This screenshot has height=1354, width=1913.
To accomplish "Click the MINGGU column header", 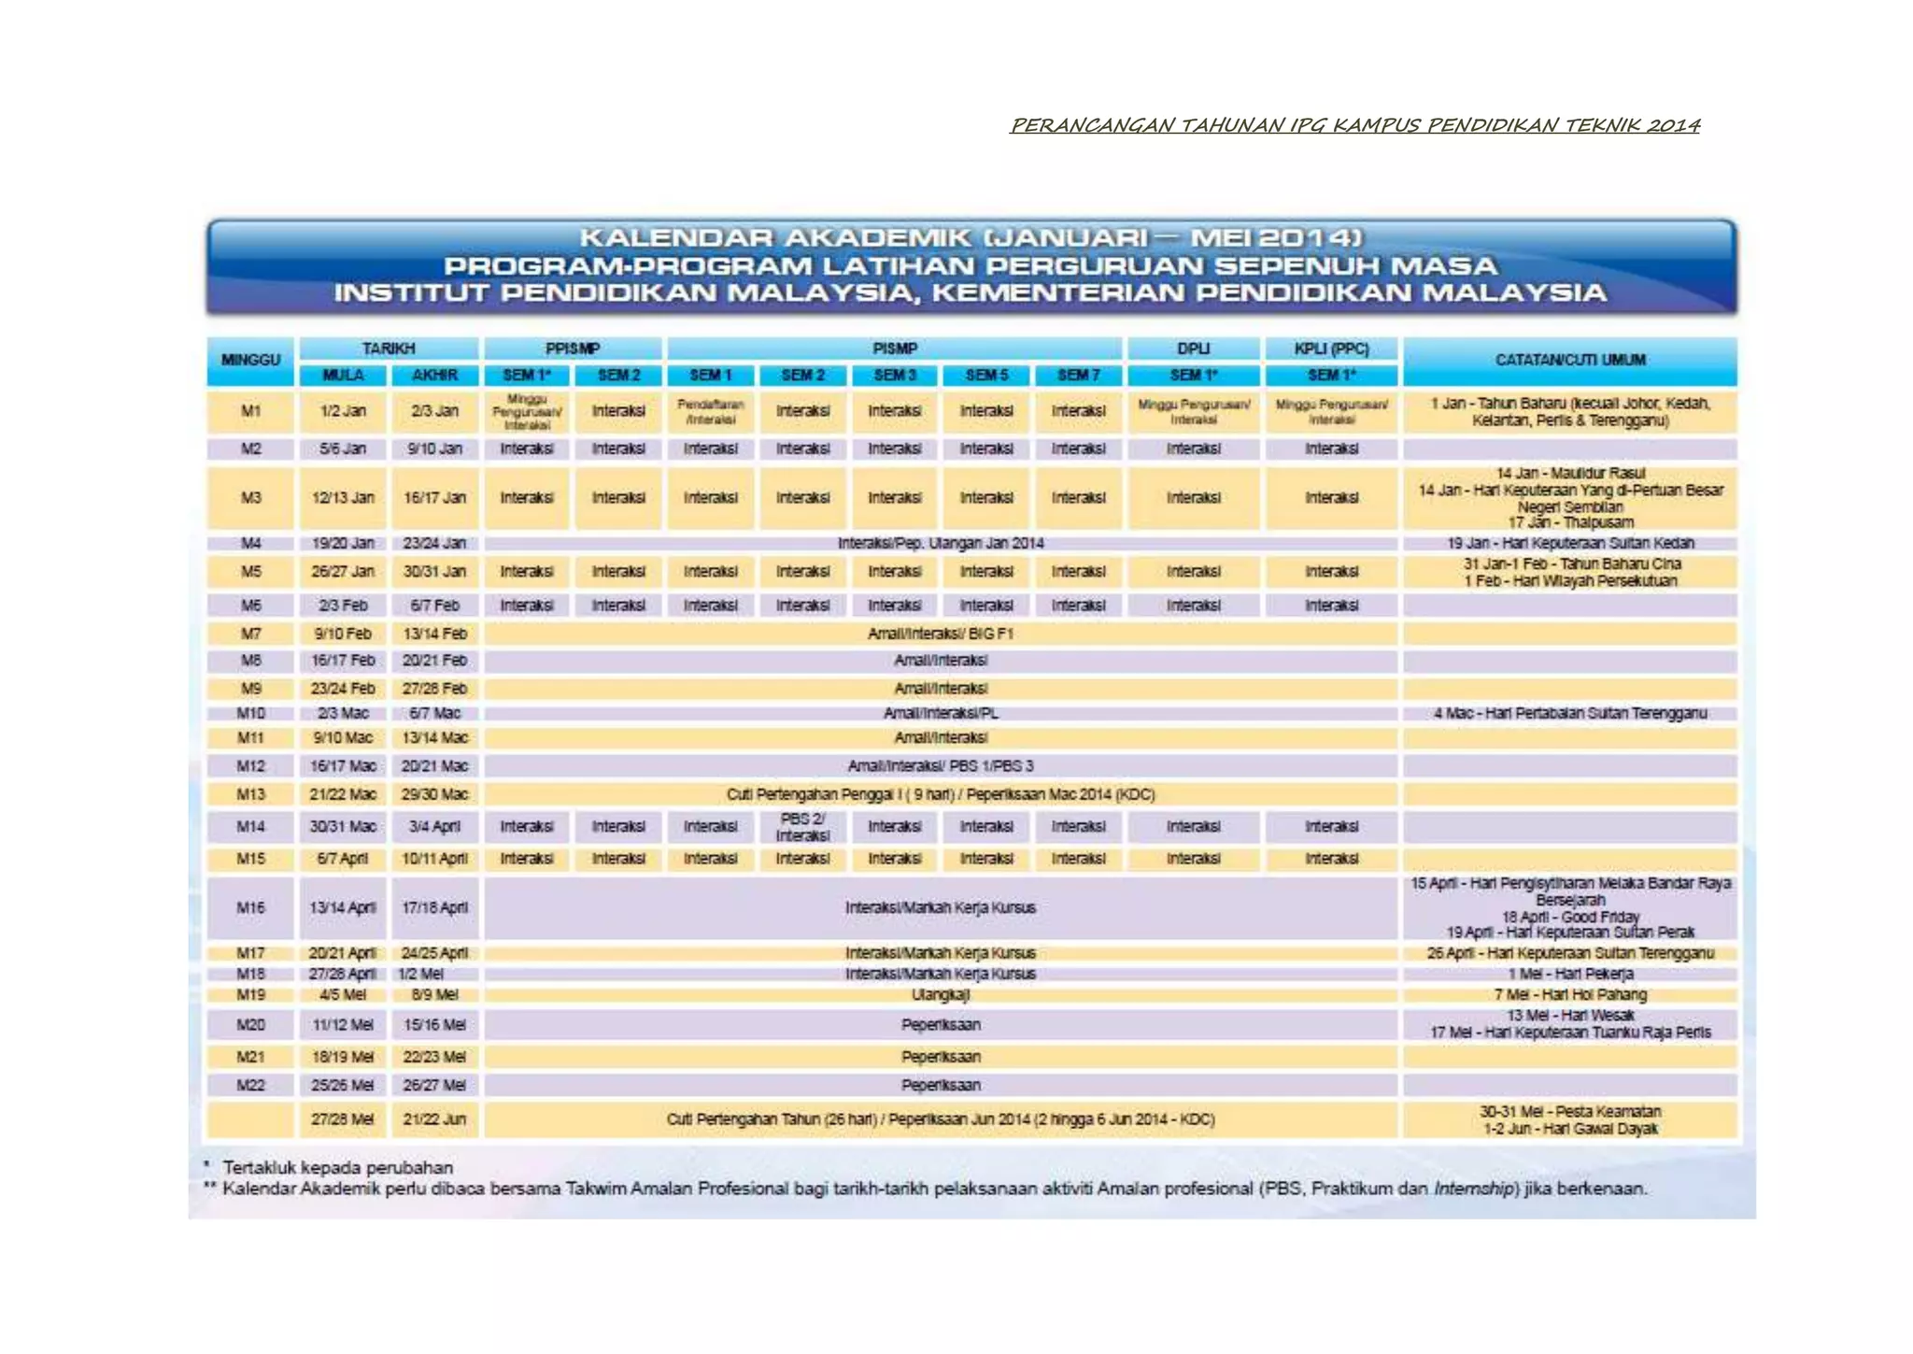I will pyautogui.click(x=250, y=360).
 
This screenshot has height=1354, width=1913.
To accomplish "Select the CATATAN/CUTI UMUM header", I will pyautogui.click(x=1569, y=360).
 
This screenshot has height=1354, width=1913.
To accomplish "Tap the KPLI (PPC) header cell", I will pyautogui.click(x=1331, y=349).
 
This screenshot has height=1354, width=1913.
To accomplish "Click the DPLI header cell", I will pyautogui.click(x=1193, y=349).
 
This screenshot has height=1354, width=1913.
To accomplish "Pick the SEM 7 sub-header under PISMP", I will pyautogui.click(x=1078, y=375).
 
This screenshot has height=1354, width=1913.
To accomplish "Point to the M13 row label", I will pyautogui.click(x=250, y=794).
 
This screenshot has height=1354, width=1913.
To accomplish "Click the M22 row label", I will pyautogui.click(x=250, y=1085).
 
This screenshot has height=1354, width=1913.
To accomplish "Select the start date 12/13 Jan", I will pyautogui.click(x=342, y=497).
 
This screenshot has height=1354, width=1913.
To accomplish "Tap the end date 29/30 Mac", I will pyautogui.click(x=434, y=794).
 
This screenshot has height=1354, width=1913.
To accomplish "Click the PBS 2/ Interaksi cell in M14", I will pyautogui.click(x=802, y=827).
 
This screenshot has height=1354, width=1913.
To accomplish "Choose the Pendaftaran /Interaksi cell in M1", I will pyautogui.click(x=710, y=411).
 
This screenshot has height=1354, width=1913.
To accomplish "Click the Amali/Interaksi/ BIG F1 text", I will pyautogui.click(x=940, y=634).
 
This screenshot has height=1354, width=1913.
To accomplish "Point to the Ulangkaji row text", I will pyautogui.click(x=940, y=994).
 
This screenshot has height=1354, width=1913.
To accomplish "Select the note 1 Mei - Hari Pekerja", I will pyautogui.click(x=1569, y=974).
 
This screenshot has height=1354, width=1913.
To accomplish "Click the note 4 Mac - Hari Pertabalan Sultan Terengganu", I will pyautogui.click(x=1569, y=713).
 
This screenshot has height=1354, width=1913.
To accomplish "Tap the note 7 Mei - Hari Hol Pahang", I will pyautogui.click(x=1569, y=994).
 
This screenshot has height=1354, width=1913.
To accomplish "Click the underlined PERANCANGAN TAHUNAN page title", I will pyautogui.click(x=1354, y=125).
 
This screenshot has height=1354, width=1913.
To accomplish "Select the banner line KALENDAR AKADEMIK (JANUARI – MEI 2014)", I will pyautogui.click(x=971, y=237).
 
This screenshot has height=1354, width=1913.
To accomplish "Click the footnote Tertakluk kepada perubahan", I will pyautogui.click(x=337, y=1168).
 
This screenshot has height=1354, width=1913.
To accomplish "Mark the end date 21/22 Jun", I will pyautogui.click(x=434, y=1119).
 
